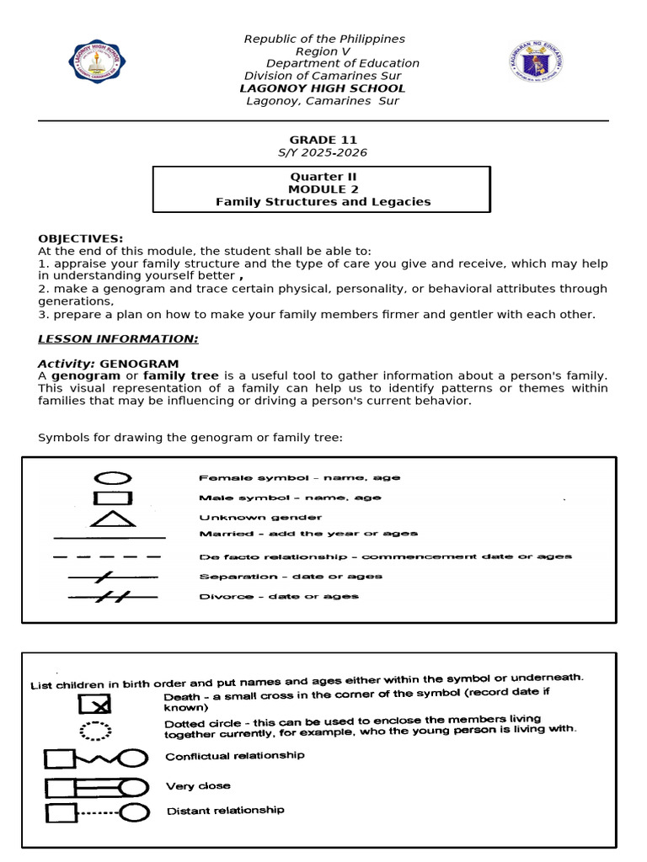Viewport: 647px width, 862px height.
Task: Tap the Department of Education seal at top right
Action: (x=537, y=62)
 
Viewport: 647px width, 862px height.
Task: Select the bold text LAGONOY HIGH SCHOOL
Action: (x=323, y=88)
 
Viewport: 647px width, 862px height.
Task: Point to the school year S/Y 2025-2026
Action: (x=323, y=152)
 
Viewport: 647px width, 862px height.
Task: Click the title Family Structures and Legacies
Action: (x=323, y=202)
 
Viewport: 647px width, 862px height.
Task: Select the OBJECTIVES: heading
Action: (x=81, y=239)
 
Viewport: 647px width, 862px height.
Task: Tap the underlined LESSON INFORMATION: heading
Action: (x=118, y=338)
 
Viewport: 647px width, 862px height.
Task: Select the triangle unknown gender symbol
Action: (x=113, y=518)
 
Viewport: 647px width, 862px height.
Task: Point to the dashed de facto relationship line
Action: (x=107, y=556)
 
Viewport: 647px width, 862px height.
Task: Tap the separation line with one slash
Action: (x=112, y=577)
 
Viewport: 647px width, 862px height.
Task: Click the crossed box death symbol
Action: (x=95, y=703)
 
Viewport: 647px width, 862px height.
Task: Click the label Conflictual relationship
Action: (x=235, y=756)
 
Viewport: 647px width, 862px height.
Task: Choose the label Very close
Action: (x=198, y=786)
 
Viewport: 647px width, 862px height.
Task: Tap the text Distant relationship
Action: (x=225, y=811)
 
